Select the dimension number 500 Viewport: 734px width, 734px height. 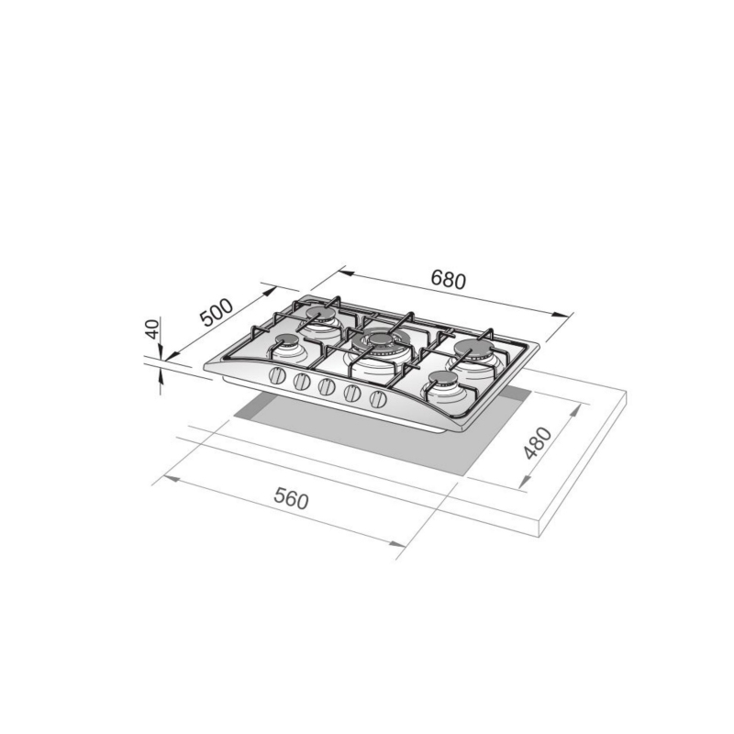(217, 315)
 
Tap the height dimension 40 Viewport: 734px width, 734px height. (153, 329)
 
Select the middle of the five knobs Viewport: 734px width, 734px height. (327, 387)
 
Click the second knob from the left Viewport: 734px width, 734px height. (303, 382)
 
